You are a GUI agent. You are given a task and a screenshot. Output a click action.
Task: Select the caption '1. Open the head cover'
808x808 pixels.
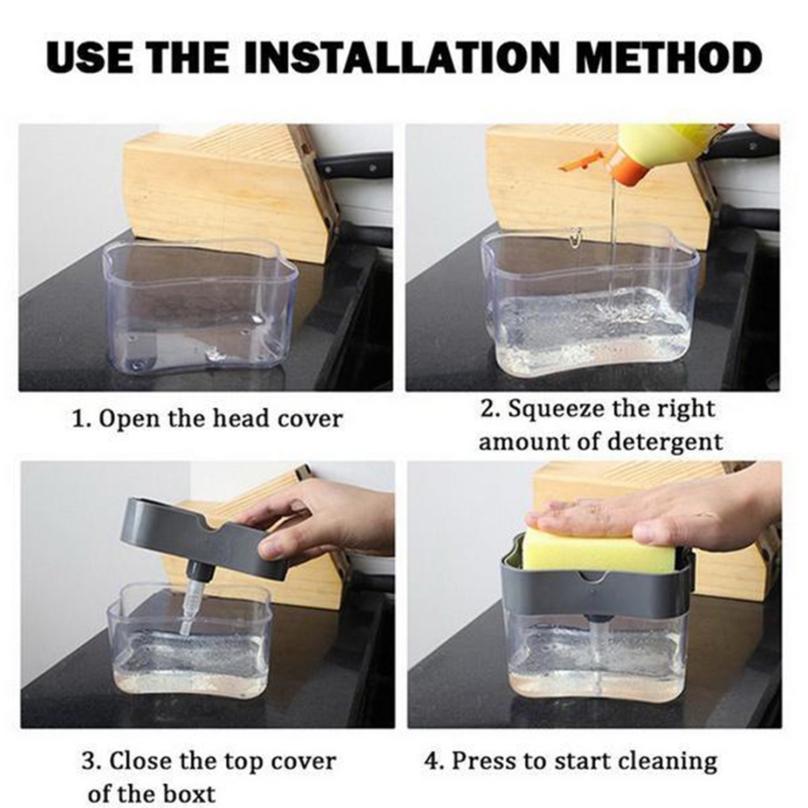tap(207, 419)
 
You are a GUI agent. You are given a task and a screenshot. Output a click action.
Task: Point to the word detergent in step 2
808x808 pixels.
tap(665, 442)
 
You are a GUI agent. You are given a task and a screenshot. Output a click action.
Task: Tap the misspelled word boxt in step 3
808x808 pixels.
tap(189, 793)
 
